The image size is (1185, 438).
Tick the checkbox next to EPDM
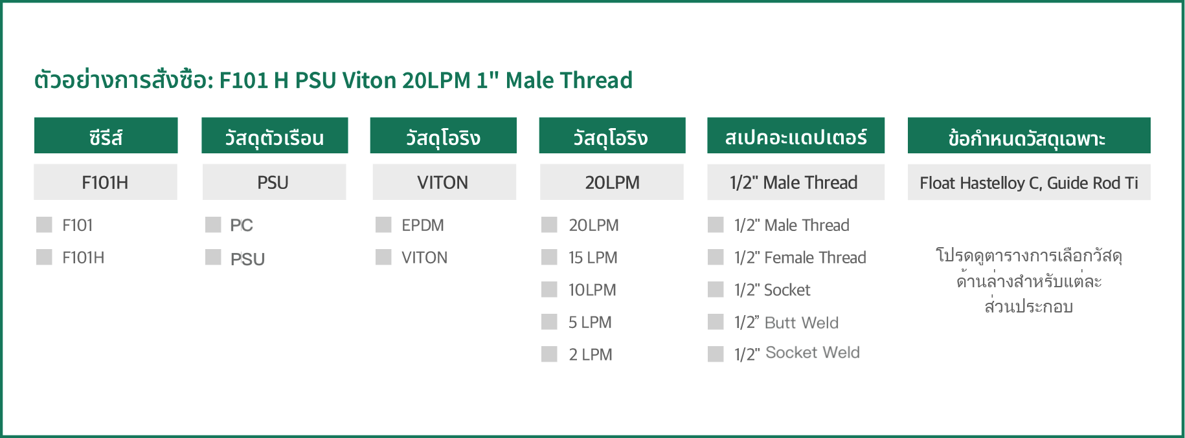pyautogui.click(x=383, y=224)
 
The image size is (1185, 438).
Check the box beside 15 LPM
pyautogui.click(x=549, y=257)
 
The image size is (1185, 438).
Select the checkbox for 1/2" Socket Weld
pyautogui.click(x=716, y=354)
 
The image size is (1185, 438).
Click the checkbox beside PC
pyautogui.click(x=213, y=224)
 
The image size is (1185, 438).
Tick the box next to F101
pyautogui.click(x=44, y=224)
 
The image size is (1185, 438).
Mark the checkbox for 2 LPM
pyautogui.click(x=549, y=354)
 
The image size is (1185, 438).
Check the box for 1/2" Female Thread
pyautogui.click(x=716, y=257)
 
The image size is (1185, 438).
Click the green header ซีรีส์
pyautogui.click(x=106, y=135)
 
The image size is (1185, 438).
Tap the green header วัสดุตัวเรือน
pyautogui.click(x=275, y=135)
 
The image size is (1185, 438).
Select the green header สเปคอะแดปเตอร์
pyautogui.click(x=796, y=135)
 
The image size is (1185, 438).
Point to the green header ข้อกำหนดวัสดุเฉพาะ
pyautogui.click(x=1029, y=135)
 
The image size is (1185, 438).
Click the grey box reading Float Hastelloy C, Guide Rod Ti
pyautogui.click(x=1029, y=182)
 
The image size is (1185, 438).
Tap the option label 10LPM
pyautogui.click(x=592, y=290)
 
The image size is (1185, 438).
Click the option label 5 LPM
pyautogui.click(x=590, y=322)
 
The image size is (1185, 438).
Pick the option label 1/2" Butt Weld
pyautogui.click(x=786, y=322)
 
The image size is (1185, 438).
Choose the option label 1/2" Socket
pyautogui.click(x=772, y=290)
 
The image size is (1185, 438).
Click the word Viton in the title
pyautogui.click(x=369, y=80)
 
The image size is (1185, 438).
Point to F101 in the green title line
pyautogui.click(x=243, y=80)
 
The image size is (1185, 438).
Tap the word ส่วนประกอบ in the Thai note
pyautogui.click(x=1029, y=306)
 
